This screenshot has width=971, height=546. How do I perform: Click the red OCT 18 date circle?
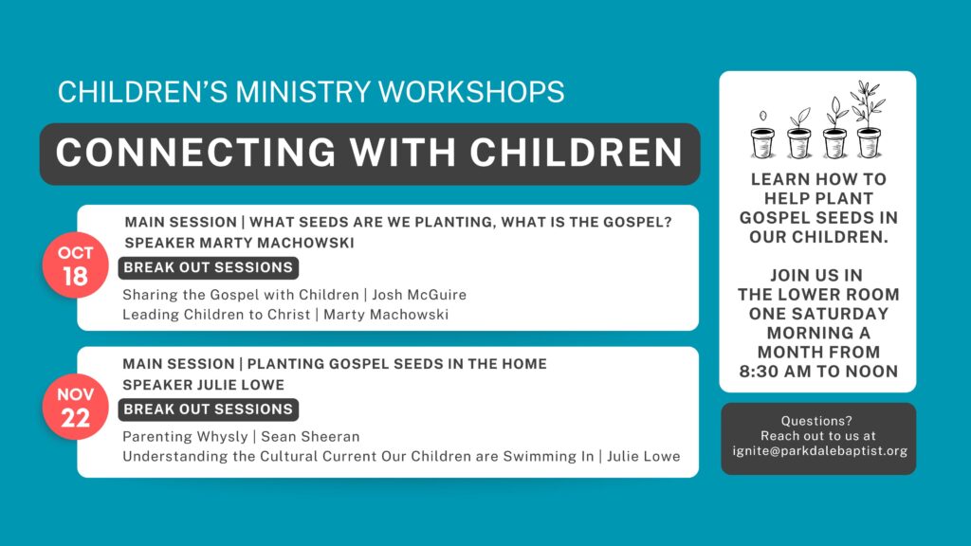76,265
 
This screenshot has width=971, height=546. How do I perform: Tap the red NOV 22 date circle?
76,407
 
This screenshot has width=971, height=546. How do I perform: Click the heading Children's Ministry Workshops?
311,92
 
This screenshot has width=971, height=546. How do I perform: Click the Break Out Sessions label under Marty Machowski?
209,267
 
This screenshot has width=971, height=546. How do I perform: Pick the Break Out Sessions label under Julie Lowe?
209,409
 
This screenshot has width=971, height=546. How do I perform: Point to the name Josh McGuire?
419,295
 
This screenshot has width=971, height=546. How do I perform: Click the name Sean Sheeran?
310,436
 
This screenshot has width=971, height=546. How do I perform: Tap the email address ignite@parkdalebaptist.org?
819,450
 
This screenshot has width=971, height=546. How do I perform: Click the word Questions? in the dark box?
816,421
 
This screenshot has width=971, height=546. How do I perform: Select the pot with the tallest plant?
869,143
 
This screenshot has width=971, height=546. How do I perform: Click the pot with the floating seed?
762,143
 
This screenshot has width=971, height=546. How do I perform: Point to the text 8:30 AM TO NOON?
818,372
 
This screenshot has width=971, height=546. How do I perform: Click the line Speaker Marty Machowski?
240,243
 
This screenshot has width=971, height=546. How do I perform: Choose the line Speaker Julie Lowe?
204,385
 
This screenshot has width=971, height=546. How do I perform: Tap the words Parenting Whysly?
185,436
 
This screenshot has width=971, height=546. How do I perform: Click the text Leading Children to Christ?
216,315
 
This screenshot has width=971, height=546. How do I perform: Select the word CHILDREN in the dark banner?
576,153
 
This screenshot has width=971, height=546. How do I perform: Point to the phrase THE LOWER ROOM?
818,295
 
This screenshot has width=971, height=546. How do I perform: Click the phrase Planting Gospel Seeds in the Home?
397,363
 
